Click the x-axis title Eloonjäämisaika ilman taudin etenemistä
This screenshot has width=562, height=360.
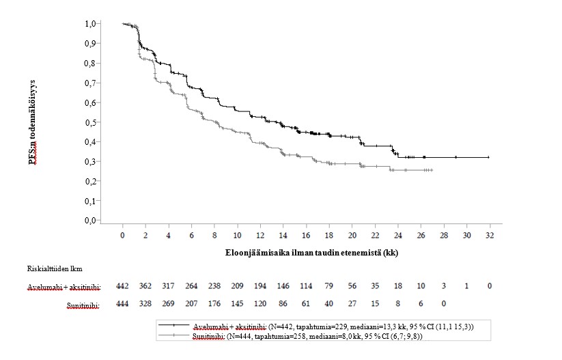click(312, 251)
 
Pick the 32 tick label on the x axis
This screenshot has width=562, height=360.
click(490, 235)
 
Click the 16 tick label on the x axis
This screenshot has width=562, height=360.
click(306, 235)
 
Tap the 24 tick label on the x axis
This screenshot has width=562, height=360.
click(397, 235)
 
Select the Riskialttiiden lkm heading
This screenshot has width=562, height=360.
click(51, 270)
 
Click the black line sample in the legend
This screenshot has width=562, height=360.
click(174, 326)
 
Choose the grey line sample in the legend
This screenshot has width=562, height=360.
click(174, 335)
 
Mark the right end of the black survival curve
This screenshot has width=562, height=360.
click(489, 157)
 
